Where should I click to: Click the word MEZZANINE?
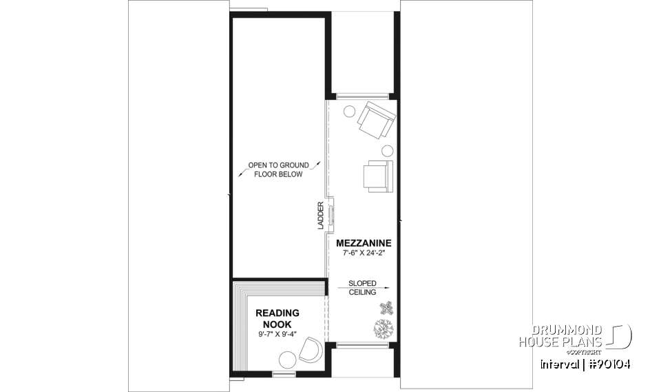click(364, 243)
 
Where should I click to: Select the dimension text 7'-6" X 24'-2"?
click(364, 254)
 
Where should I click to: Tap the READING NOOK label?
click(277, 318)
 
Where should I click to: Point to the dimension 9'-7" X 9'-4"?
click(277, 336)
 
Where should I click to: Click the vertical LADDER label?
click(321, 216)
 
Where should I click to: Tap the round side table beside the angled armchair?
click(350, 110)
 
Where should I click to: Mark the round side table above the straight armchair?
click(387, 151)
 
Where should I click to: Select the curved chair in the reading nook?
click(312, 351)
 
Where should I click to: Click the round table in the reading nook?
click(286, 359)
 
